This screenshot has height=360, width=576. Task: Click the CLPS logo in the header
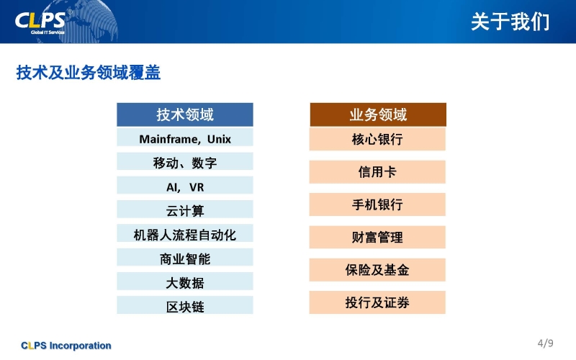[x=40, y=22]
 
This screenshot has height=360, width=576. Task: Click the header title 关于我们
[x=510, y=22]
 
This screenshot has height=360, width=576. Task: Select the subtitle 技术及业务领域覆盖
[x=88, y=73]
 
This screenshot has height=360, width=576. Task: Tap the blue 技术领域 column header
[x=185, y=114]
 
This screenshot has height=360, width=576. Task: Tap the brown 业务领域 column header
[x=378, y=114]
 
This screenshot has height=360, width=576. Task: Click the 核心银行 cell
[x=377, y=139]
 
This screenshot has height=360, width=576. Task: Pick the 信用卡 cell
[x=377, y=172]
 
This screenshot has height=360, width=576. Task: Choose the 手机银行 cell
[x=377, y=204]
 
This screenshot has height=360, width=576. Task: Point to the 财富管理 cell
[x=377, y=238]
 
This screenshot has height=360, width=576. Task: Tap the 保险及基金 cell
[x=377, y=270]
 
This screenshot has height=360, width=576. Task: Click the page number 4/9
[x=546, y=343]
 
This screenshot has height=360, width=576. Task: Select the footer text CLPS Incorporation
[x=66, y=346]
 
